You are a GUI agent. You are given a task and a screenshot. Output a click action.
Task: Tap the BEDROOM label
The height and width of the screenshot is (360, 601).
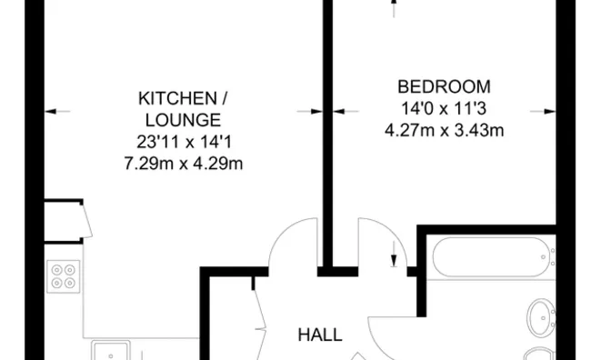click(x=445, y=87)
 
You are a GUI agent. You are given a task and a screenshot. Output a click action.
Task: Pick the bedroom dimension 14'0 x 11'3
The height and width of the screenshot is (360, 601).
click(x=445, y=108)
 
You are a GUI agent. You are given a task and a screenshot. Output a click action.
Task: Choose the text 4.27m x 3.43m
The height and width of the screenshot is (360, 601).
click(x=445, y=130)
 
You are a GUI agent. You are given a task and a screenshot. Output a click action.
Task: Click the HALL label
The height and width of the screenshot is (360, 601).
click(x=320, y=335)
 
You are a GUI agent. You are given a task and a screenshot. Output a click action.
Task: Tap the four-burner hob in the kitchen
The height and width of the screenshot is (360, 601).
click(x=64, y=275)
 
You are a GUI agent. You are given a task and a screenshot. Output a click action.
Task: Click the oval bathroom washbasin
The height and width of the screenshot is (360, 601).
click(x=542, y=316)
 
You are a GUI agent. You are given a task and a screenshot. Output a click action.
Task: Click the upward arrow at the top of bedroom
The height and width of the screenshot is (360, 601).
click(x=394, y=7)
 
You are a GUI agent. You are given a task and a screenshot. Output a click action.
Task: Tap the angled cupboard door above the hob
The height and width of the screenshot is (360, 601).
click(x=83, y=221)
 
